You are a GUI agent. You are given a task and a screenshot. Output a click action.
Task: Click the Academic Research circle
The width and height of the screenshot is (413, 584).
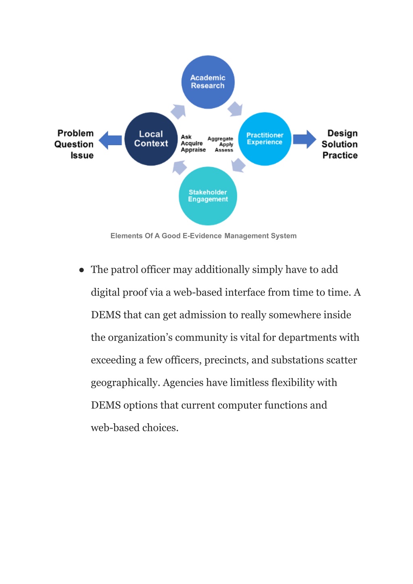208,82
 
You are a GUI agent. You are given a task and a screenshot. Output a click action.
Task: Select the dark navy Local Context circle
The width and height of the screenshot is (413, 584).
151,139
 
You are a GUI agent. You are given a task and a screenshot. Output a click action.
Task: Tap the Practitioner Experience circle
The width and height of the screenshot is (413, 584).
265,139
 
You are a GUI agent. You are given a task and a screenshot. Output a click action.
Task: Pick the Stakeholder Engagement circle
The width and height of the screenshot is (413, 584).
208,196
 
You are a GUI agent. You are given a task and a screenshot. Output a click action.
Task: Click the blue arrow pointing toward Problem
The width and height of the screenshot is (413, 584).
110,140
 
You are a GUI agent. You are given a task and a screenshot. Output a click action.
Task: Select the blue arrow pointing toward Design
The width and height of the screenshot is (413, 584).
305,139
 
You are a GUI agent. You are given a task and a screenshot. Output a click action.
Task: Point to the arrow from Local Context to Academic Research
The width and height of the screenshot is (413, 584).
178,111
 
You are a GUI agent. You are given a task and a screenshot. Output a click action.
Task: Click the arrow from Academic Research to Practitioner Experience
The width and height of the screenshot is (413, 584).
235,109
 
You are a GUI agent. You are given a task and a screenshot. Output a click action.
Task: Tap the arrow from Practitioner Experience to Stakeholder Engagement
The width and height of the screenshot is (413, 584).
238,165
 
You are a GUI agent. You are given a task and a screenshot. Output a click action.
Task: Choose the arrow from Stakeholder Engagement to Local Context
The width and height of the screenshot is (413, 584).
179,167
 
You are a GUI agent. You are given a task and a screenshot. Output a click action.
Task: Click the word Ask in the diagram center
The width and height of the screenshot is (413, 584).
186,137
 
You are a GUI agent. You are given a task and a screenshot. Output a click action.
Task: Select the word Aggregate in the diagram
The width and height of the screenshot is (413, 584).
220,139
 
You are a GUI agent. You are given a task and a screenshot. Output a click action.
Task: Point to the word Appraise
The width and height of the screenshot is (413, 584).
193,150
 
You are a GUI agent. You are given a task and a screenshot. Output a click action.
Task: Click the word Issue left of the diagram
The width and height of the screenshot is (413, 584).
82,155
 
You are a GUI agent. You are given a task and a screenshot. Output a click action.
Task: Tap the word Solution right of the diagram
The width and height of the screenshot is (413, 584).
340,144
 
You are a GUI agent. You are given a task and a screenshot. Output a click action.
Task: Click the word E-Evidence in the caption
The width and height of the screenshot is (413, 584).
202,236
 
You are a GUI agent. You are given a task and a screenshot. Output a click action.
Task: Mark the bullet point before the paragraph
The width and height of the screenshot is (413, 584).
81,270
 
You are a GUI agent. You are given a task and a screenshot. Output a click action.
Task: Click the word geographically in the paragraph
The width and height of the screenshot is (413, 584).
125,383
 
